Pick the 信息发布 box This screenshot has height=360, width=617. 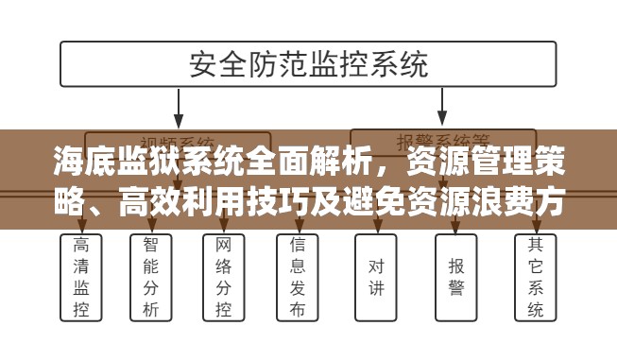pyautogui.click(x=297, y=277)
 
